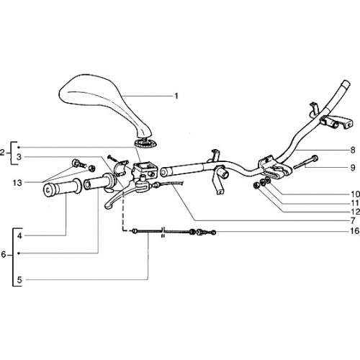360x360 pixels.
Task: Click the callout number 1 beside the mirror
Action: point(176,96)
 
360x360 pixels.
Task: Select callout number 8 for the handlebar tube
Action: point(353,150)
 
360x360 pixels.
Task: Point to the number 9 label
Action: point(353,168)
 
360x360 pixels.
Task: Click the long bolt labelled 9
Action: point(306,162)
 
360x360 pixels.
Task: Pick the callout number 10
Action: point(355,194)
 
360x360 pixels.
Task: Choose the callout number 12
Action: point(355,212)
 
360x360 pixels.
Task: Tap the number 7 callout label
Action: point(353,220)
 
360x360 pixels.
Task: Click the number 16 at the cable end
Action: point(355,231)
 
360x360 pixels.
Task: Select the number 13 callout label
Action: point(17,183)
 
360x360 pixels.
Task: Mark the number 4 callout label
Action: point(19,236)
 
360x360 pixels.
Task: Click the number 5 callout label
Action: point(19,280)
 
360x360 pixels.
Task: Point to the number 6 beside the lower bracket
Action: point(4,254)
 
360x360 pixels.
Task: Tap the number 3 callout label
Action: point(19,157)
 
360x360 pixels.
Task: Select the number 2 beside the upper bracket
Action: point(2,153)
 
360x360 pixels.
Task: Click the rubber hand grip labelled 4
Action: point(63,188)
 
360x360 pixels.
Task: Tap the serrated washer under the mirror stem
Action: point(145,143)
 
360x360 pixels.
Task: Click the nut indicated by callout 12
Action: point(256,185)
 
